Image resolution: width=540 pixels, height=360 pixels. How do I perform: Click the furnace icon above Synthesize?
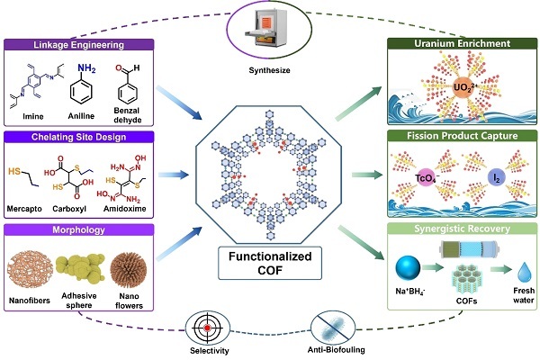tap(265, 26)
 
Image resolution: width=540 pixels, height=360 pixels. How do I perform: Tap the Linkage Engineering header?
tap(79, 44)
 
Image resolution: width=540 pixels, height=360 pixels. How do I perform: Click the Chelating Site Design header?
tap(79, 137)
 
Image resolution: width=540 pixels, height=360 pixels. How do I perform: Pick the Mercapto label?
tap(24, 209)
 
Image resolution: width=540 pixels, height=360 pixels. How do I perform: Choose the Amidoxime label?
tap(125, 209)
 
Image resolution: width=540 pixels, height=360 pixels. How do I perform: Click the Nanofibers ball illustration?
tap(30, 270)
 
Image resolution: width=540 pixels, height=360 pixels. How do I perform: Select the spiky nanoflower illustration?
tap(129, 270)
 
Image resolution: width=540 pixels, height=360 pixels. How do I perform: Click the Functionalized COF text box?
tap(270, 263)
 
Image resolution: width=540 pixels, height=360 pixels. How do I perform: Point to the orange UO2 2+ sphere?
tap(463, 86)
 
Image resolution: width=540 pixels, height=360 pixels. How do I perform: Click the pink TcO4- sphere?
tap(426, 178)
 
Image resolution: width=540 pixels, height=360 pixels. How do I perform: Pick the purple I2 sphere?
tap(496, 178)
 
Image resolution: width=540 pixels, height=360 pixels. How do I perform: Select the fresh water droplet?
tap(524, 272)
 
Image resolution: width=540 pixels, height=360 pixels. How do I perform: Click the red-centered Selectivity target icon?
tap(207, 328)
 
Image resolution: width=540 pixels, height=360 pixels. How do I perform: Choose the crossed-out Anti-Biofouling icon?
tap(333, 328)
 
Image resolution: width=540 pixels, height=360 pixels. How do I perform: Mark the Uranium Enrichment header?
tap(463, 43)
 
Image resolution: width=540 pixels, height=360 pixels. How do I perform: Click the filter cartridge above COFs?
tap(469, 248)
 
